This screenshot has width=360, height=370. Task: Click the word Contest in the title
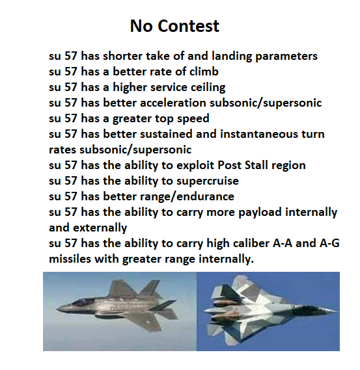click(189, 26)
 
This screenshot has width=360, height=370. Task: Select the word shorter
click(122, 56)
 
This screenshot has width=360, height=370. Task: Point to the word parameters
click(286, 57)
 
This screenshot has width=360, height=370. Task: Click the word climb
click(204, 72)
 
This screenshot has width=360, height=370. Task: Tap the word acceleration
click(173, 103)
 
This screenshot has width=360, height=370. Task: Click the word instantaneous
click(258, 134)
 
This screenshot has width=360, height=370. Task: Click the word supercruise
click(208, 181)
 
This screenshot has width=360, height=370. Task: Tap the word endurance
click(205, 196)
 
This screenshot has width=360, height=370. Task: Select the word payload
click(260, 213)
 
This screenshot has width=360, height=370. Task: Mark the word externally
click(100, 228)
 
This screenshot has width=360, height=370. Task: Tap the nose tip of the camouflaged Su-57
click(337, 311)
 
